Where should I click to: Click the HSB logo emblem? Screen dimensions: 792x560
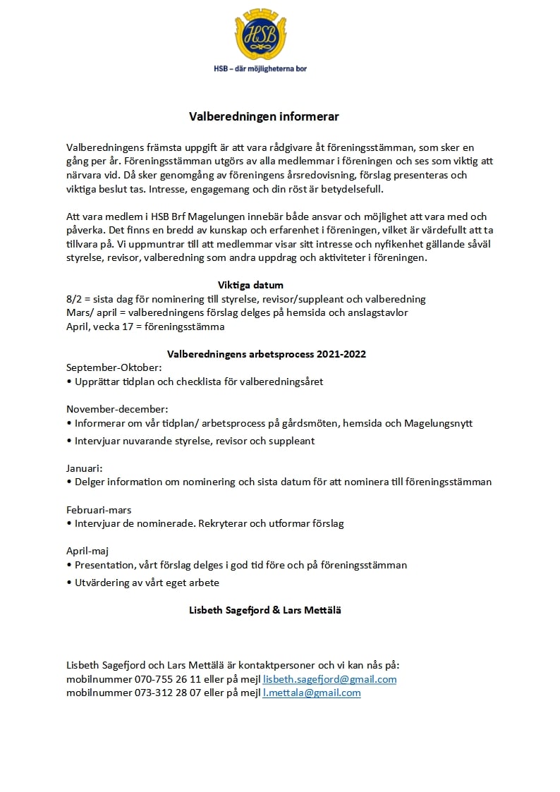(x=260, y=35)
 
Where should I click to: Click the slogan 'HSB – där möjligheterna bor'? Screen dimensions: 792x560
(x=260, y=68)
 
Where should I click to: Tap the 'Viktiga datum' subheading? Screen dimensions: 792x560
(x=250, y=286)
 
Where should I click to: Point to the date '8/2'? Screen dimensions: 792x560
(x=74, y=299)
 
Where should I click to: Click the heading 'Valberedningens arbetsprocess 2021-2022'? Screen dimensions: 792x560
(x=266, y=354)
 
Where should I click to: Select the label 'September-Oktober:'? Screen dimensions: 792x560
(x=114, y=367)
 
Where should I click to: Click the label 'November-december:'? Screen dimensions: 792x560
(x=117, y=409)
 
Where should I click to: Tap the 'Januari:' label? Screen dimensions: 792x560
(x=85, y=468)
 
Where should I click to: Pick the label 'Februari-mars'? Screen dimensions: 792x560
(x=99, y=509)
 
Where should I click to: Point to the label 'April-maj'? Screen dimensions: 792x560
(x=87, y=550)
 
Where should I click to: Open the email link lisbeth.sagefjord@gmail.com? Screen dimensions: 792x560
(x=329, y=679)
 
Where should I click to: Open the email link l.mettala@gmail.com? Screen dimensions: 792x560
(x=311, y=693)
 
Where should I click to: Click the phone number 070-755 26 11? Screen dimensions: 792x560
(x=168, y=679)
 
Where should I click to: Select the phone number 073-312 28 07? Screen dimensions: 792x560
(x=168, y=693)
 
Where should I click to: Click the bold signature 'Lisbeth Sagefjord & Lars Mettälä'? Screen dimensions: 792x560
(x=265, y=610)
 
